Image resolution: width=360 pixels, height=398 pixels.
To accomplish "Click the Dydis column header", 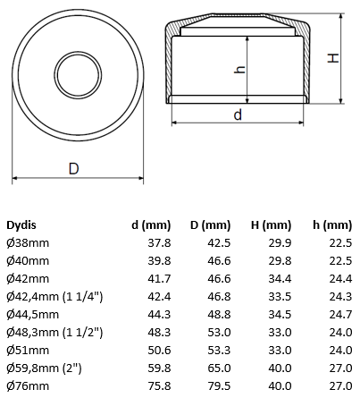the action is click(21, 224).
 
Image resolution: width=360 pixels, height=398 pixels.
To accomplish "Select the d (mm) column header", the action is click(151, 225).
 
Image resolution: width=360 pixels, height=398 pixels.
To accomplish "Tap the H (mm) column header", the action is click(271, 225).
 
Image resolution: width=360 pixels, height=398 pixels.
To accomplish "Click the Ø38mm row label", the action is click(28, 243).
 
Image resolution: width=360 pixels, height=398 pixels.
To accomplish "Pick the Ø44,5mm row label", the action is click(32, 315).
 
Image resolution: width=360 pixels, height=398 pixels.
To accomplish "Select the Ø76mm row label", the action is click(28, 386).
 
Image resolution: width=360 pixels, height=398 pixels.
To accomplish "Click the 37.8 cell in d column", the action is click(159, 243).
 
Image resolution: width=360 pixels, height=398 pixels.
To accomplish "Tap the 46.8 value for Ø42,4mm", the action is click(219, 297).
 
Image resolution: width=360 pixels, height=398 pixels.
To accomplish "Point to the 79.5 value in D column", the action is click(219, 386).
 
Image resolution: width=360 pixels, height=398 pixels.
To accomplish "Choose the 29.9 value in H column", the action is click(280, 243).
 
